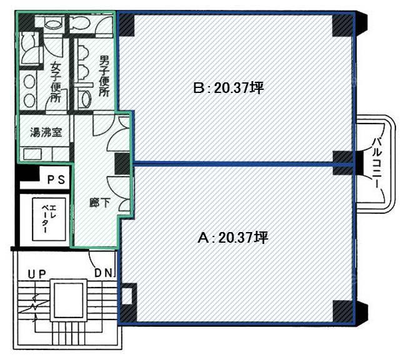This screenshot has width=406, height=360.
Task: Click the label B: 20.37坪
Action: coord(229,88)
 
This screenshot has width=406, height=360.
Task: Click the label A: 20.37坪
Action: coord(233,238)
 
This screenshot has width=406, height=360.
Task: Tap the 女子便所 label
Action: coord(56,82)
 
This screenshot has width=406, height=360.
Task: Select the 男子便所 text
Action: coord(104,76)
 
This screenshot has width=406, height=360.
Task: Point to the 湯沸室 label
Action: coord(46,132)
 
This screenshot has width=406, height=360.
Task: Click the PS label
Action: coord(56,180)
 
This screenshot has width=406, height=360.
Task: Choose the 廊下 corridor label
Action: coord(100,203)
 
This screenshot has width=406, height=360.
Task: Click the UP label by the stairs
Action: coord(37,274)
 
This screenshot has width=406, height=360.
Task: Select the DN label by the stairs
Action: coord(104,273)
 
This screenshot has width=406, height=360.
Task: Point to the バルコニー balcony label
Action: coord(377,163)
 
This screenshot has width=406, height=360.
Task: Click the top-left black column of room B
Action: coord(126,25)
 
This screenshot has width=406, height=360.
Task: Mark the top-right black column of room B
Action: coord(342,25)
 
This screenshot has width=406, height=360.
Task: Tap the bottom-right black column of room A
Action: coord(343,311)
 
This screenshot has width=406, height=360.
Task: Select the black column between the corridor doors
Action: coord(122,163)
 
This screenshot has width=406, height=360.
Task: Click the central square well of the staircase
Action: coord(69,300)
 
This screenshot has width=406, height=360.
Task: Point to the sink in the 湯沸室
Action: coord(32,154)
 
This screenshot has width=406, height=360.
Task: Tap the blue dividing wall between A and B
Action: coord(243,163)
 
